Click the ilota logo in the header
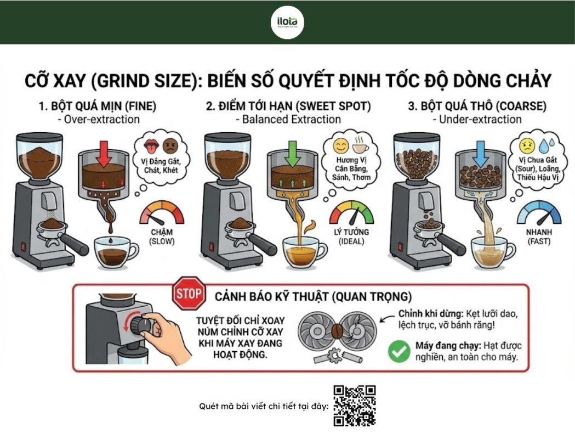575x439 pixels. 287,22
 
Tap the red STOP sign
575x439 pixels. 189,293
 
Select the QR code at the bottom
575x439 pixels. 354,406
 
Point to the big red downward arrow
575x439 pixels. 105,153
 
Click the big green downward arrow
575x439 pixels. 292,153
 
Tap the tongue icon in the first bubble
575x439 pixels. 150,146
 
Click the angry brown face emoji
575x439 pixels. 169,146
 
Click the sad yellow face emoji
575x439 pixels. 527,146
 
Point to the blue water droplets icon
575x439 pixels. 548,145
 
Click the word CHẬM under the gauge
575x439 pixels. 162,232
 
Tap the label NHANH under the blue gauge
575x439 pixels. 539,232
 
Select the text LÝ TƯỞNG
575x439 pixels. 352,232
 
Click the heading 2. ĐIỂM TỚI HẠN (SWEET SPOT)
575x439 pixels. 288,106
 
